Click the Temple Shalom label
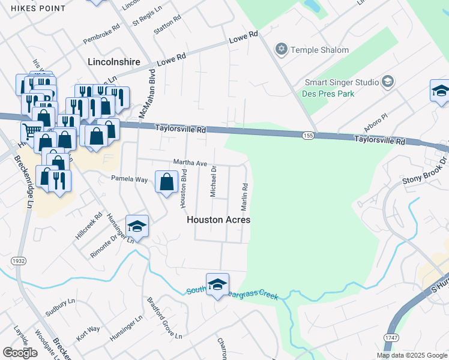[x=319, y=50]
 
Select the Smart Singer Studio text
[x=341, y=82]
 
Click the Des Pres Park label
[x=329, y=94]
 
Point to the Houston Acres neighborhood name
[x=218, y=220]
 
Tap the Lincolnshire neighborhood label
[x=113, y=62]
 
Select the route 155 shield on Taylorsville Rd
[x=308, y=137]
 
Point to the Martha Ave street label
[x=190, y=163]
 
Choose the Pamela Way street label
[x=129, y=179]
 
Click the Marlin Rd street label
[x=245, y=197]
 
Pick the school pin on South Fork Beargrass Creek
[x=217, y=284]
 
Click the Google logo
[x=20, y=353]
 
